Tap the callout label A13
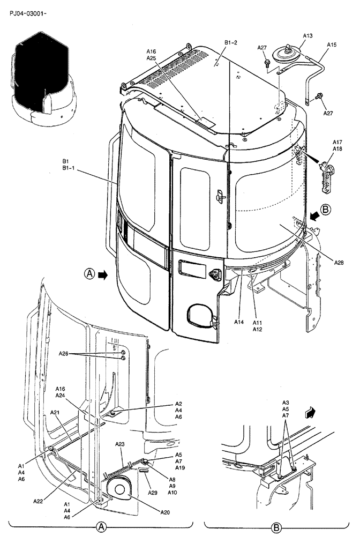pos(307,35)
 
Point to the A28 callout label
pos(340,262)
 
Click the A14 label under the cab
pos(238,322)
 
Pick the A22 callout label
pos(38,501)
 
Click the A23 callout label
pos(120,444)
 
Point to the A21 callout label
pos(55,412)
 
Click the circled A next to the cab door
pos(89,274)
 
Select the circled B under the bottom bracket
pos(276,528)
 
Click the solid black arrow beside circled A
pos(103,274)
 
